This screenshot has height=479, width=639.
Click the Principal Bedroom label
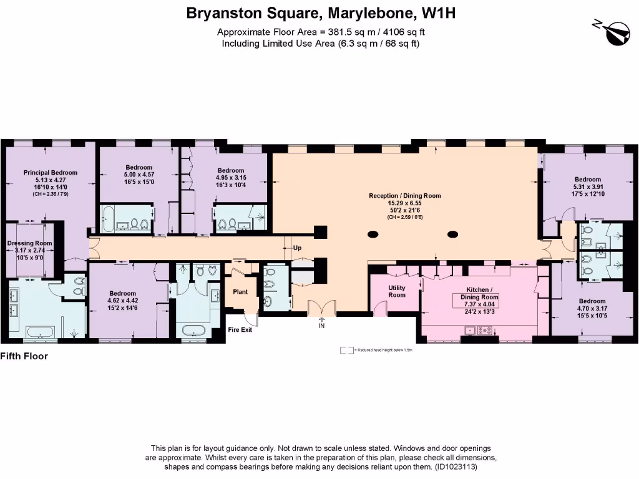[x=51, y=173]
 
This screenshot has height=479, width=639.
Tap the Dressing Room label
[x=29, y=243]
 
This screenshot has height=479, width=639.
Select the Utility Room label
[x=397, y=291]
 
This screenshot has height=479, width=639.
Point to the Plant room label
[x=240, y=292]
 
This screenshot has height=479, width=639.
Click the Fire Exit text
[x=240, y=329]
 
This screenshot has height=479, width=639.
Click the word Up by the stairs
[x=297, y=248]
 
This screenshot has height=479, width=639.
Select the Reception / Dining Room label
[x=404, y=196]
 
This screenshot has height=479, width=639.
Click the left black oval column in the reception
[x=373, y=235]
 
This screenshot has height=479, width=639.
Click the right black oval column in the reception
[x=453, y=235]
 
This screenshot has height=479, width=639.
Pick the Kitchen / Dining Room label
[x=479, y=294]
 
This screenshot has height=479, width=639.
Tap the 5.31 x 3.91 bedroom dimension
[x=587, y=186]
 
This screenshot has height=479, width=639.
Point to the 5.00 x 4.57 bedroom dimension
[x=139, y=174]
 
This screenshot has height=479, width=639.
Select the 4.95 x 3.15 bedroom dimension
[x=230, y=178]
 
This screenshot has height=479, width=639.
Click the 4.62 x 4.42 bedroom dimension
[x=122, y=300]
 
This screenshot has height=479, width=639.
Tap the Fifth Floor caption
[x=24, y=357]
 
